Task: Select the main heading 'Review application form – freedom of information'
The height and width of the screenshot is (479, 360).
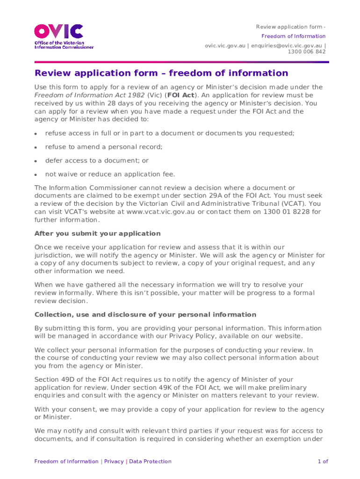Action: point(161,73)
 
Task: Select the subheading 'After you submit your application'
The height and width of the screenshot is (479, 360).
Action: point(97,233)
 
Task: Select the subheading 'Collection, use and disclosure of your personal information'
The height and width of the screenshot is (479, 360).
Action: point(145,315)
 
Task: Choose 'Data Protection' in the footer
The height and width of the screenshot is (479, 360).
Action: point(150,462)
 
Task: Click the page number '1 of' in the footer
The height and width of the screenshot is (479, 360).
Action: point(323,462)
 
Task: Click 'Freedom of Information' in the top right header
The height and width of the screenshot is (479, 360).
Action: point(293,36)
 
